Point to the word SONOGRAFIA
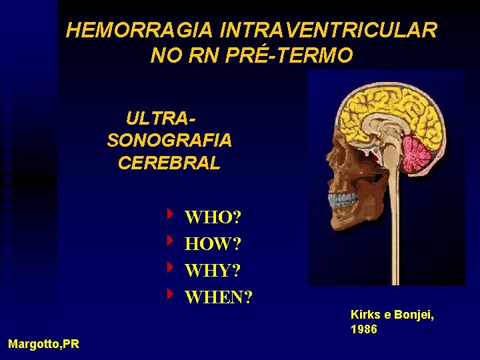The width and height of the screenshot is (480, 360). coord(169,141)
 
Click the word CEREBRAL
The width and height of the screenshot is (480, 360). coord(169,163)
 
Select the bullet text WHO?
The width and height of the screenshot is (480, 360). coord(213,217)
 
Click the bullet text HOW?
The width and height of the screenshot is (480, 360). coord(213,244)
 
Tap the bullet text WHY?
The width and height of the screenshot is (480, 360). coord(213,271)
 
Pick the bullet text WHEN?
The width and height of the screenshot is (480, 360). coord(219,297)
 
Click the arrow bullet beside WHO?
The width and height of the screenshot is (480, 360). coord(171,215)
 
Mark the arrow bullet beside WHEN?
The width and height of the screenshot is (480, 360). coord(171,293)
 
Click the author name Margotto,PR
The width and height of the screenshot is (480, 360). coord(43,344)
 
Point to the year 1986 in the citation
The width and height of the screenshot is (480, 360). coord(364,329)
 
